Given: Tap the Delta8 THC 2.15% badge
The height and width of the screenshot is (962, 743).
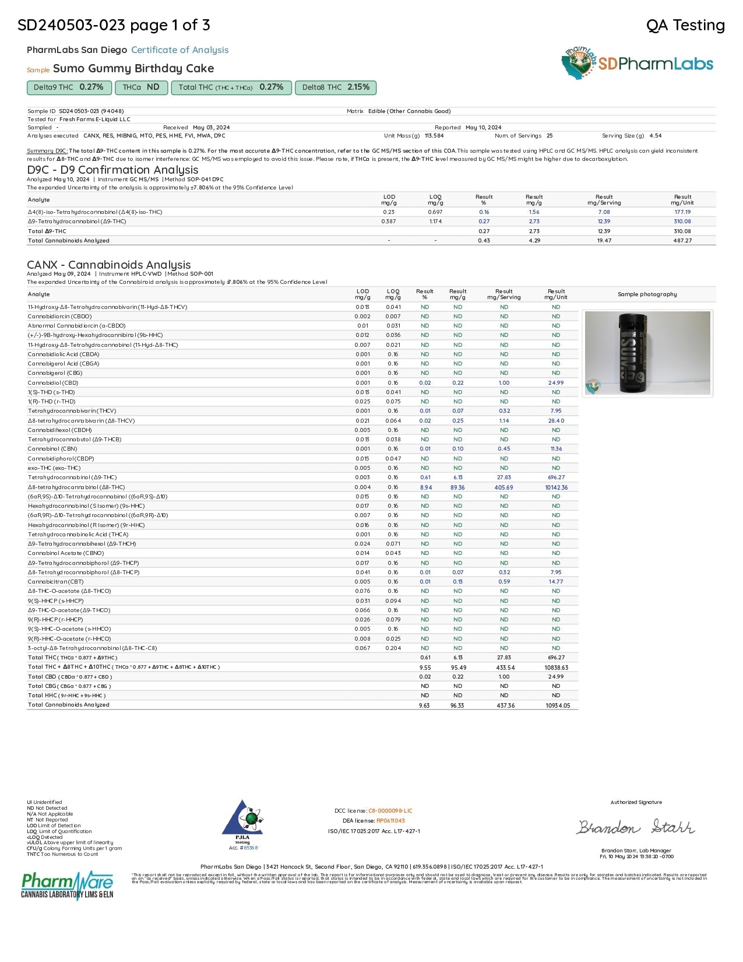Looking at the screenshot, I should (x=336, y=87).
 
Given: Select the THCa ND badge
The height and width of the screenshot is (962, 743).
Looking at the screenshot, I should (x=141, y=87).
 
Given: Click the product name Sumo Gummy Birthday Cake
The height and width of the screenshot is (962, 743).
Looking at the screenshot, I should (x=133, y=69).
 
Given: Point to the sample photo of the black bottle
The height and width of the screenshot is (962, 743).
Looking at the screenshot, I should (x=647, y=353).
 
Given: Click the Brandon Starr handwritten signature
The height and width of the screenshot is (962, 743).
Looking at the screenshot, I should (x=636, y=827).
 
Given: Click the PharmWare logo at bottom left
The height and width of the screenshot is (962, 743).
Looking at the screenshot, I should (x=67, y=884).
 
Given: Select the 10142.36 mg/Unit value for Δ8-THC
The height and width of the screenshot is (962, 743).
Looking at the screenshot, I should (x=556, y=487).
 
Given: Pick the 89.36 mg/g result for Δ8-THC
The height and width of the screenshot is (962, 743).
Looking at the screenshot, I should (x=457, y=487).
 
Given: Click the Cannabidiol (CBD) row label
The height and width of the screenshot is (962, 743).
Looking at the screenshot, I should (x=53, y=383).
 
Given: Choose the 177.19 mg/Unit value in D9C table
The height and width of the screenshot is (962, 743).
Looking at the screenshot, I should (x=682, y=212).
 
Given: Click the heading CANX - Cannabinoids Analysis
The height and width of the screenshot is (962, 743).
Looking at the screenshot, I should (x=109, y=265).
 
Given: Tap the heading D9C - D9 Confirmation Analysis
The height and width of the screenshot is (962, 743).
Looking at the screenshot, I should (x=112, y=170).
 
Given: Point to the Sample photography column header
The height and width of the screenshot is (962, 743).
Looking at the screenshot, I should (x=647, y=294).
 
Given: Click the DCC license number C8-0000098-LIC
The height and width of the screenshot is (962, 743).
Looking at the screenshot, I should (x=390, y=811).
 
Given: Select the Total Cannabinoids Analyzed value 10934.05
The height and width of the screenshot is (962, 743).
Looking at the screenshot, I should (x=557, y=705).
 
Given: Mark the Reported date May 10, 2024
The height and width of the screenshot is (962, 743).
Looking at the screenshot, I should (x=483, y=128).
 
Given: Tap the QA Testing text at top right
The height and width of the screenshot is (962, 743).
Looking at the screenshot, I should (x=685, y=25).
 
